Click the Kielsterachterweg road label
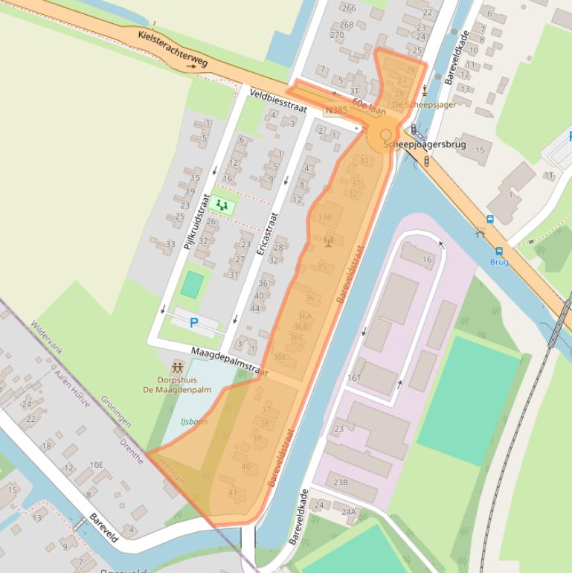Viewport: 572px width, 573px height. pyautogui.click(x=173, y=49)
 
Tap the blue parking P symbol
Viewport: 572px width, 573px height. pyautogui.click(x=194, y=323)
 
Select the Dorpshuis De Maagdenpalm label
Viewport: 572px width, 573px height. pyautogui.click(x=178, y=384)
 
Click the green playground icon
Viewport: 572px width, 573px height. pyautogui.click(x=221, y=205)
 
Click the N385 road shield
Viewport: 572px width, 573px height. pyautogui.click(x=336, y=111)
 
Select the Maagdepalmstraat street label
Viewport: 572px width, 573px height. pyautogui.click(x=228, y=360)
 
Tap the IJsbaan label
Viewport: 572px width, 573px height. pyautogui.click(x=193, y=422)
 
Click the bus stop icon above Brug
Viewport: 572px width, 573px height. pyautogui.click(x=491, y=219)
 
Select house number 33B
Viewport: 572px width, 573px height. pyautogui.click(x=324, y=217)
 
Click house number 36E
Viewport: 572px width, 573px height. pyautogui.click(x=280, y=356)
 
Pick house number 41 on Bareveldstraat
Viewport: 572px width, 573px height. pyautogui.click(x=233, y=493)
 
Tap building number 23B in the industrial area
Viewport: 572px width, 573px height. pyautogui.click(x=340, y=482)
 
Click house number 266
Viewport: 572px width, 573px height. pyautogui.click(x=349, y=8)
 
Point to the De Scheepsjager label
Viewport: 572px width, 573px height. pyautogui.click(x=424, y=105)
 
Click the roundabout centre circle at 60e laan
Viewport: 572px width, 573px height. pyautogui.click(x=385, y=135)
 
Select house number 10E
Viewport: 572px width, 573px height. pyautogui.click(x=97, y=465)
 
